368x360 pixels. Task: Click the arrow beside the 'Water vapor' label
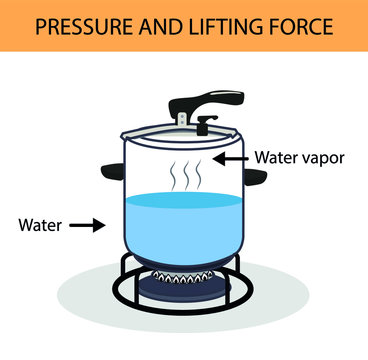coord(232,157)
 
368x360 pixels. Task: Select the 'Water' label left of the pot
coord(41,225)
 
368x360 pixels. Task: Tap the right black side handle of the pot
coord(255,177)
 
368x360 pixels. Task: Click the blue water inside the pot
coord(184,225)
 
